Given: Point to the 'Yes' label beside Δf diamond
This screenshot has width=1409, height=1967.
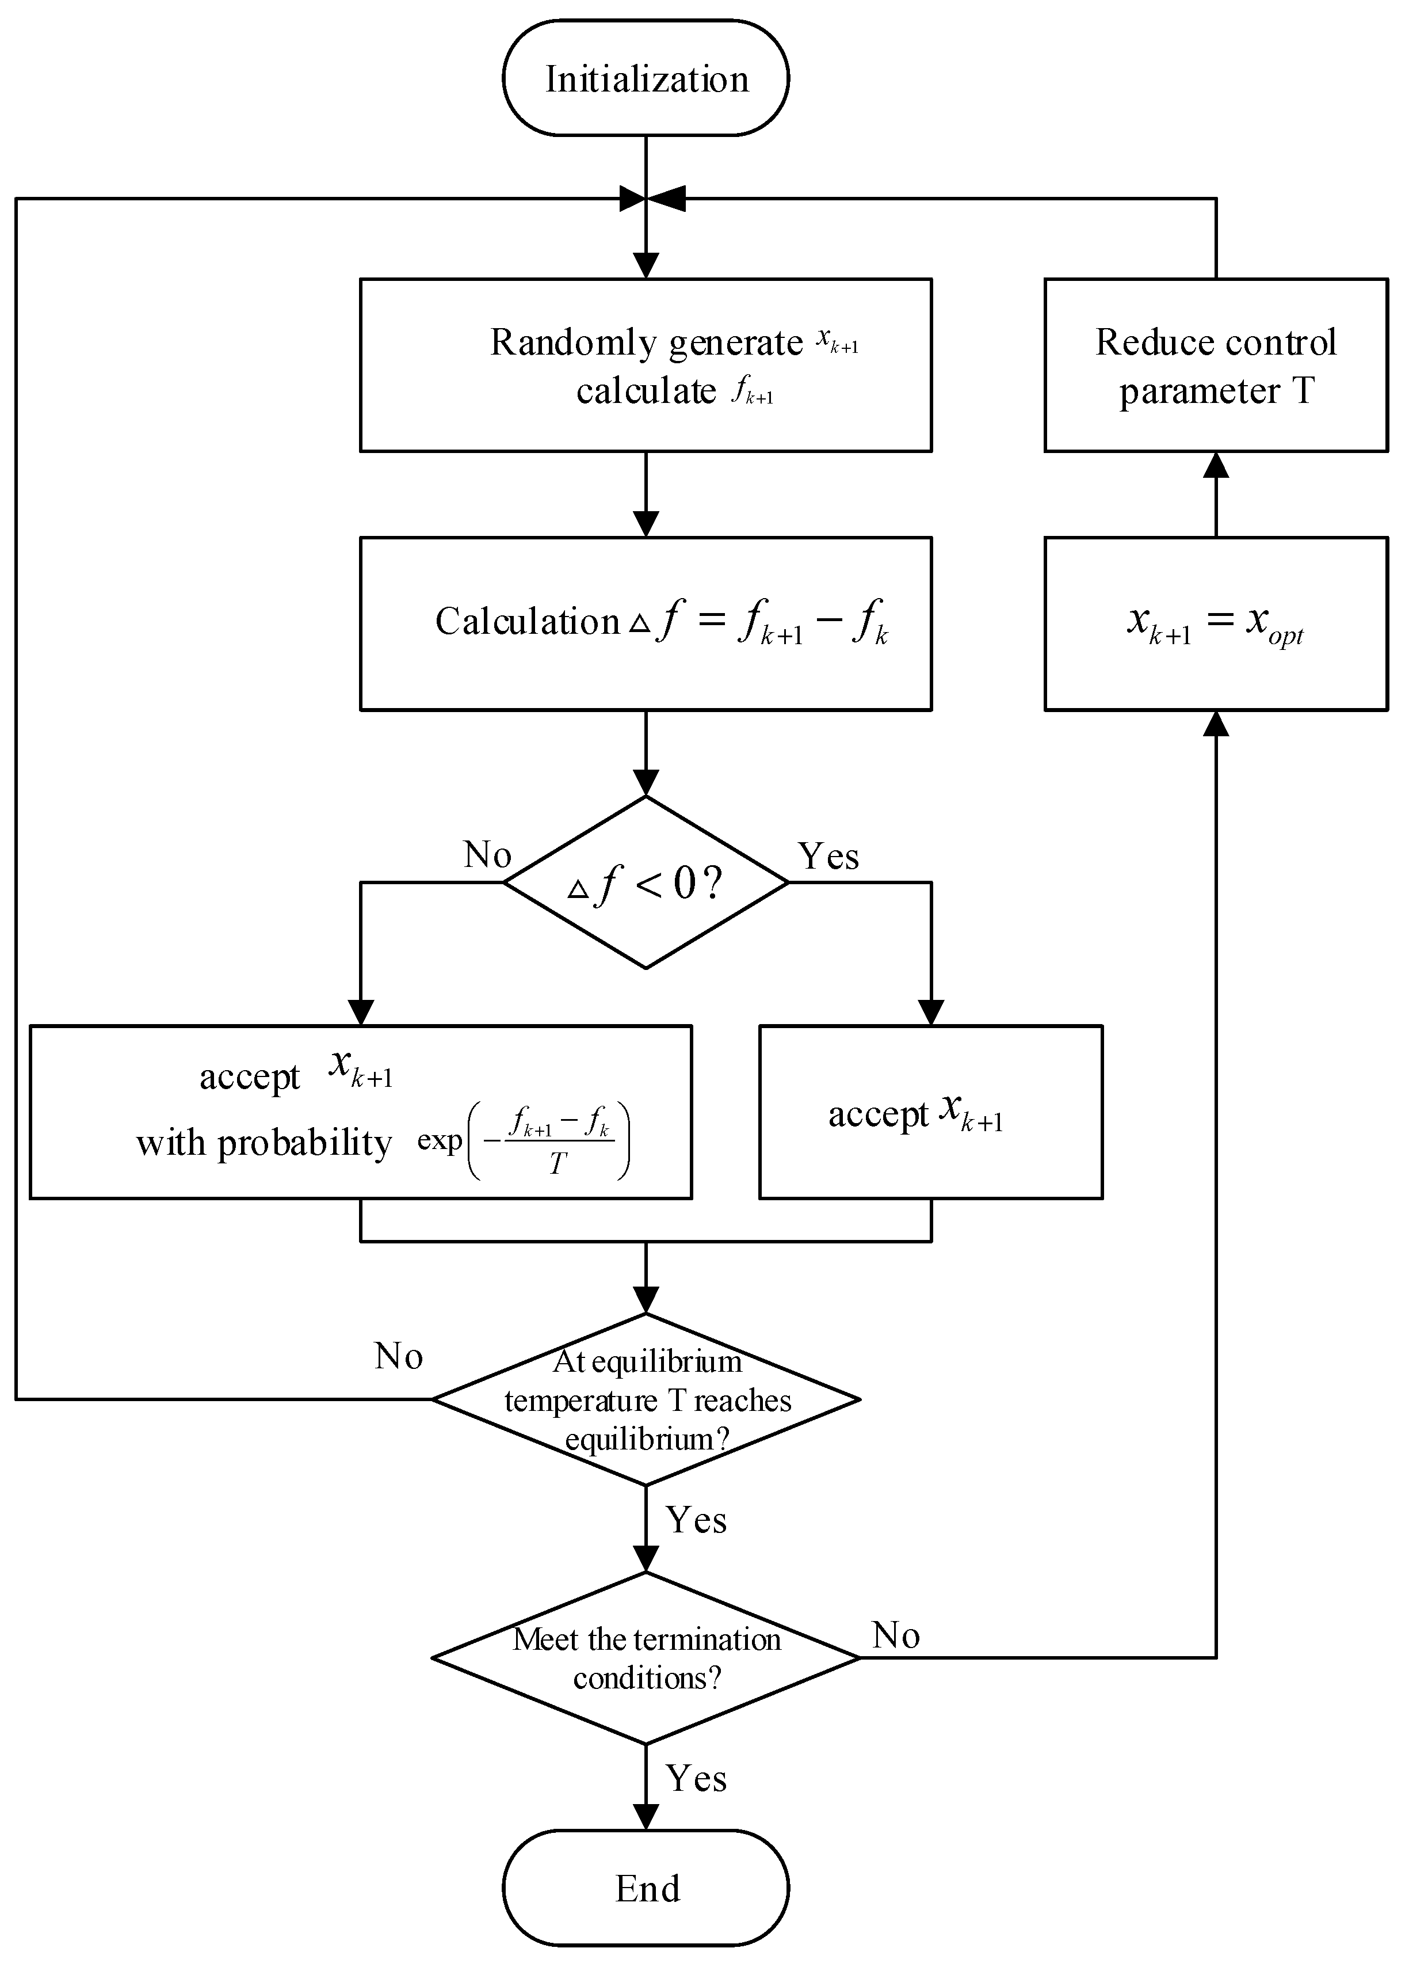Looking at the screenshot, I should pos(828,856).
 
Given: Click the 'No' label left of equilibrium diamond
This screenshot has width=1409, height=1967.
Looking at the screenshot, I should pos(398,1356).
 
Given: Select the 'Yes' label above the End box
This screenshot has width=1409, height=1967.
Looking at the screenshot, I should pos(696,1778).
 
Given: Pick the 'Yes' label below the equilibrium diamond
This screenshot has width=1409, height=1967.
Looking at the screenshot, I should pos(696,1520).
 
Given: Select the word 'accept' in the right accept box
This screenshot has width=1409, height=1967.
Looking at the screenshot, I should pos(877,1114).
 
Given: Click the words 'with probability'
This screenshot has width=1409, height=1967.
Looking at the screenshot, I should pos(264,1143).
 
